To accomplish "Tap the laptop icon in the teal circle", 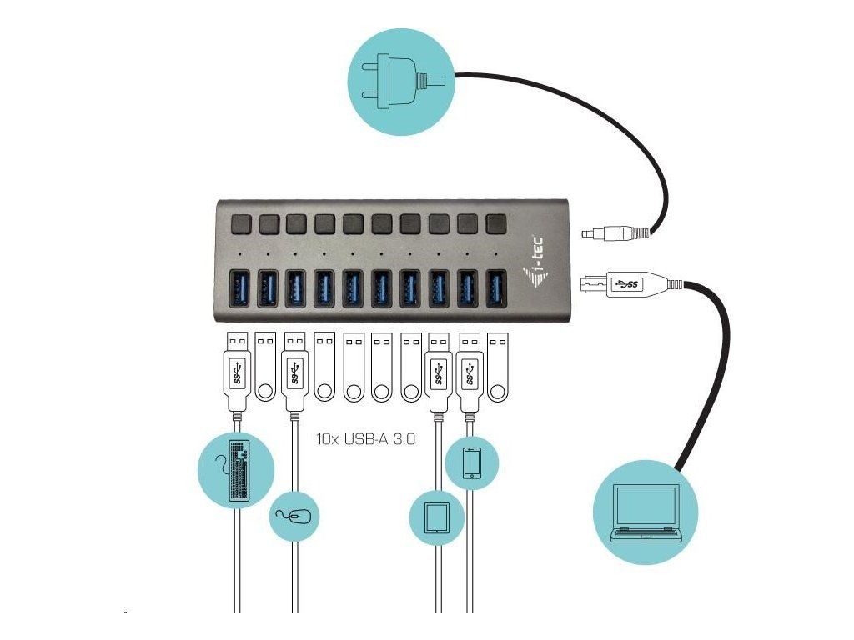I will point(645,512).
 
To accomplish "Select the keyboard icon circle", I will point(237,471).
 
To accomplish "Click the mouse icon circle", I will point(295,517).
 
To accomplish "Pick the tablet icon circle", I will point(436,517).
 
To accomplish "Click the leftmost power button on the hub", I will point(241,224).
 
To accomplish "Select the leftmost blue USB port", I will point(239,287).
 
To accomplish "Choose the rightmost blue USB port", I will point(496,287).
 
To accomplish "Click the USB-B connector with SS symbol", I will point(622,284).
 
